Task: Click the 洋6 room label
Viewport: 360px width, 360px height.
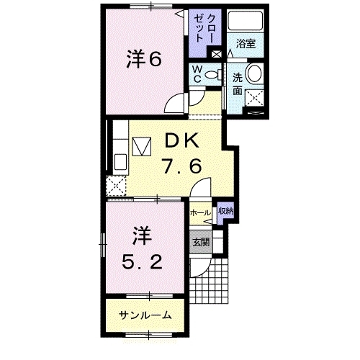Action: pos(144,59)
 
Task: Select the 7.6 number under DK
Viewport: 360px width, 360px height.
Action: pos(182,166)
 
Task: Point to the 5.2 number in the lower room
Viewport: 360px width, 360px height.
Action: pos(142,261)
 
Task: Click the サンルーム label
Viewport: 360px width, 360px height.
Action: pos(145,315)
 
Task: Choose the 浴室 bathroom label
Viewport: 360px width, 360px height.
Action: pos(246,43)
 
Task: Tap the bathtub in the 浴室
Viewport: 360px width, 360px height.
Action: pos(246,20)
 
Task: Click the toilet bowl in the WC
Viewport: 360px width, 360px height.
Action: pos(212,75)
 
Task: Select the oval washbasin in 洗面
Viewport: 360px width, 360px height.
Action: pos(254,73)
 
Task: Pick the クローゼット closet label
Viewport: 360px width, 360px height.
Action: pos(204,29)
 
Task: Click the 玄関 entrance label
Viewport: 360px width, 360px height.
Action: pos(201,243)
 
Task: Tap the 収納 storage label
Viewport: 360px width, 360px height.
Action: pos(225,211)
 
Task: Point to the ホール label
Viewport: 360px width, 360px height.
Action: pos(200,212)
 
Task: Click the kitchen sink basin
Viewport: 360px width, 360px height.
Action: pos(120,162)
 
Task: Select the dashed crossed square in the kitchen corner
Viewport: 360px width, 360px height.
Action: pos(116,186)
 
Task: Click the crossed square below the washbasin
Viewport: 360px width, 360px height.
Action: pos(254,98)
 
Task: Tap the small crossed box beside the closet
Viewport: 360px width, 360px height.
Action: pos(215,54)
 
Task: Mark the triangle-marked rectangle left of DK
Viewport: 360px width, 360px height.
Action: pos(143,146)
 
